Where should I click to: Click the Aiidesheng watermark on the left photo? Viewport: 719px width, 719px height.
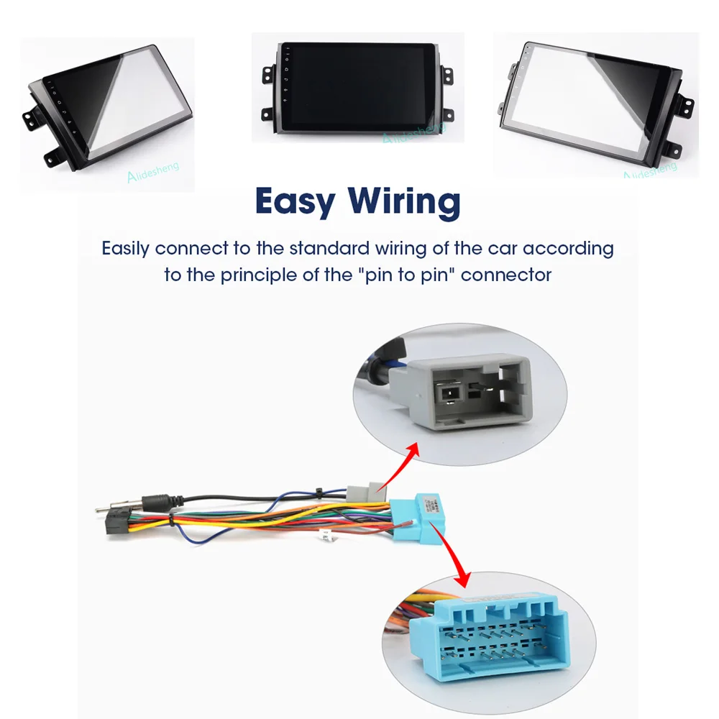pos(153,172)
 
